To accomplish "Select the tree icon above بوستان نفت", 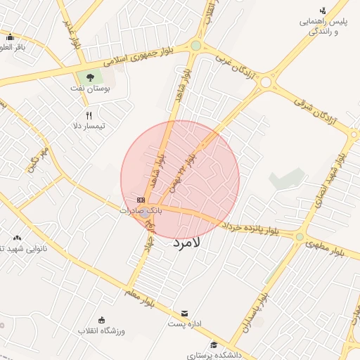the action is click(89, 76).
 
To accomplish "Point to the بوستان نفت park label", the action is click(88, 89).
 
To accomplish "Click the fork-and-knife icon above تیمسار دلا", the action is click(89, 115).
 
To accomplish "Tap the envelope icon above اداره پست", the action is click(185, 313).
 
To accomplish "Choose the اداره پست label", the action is click(185, 324).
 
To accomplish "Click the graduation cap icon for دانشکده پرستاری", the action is click(214, 344).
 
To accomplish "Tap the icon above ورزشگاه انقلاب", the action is click(102, 320).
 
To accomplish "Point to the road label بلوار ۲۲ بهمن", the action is click(181, 173).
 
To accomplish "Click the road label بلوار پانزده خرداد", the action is click(250, 229).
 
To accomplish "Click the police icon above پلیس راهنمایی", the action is click(323, 10).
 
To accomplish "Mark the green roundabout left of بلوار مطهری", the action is click(300, 237).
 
